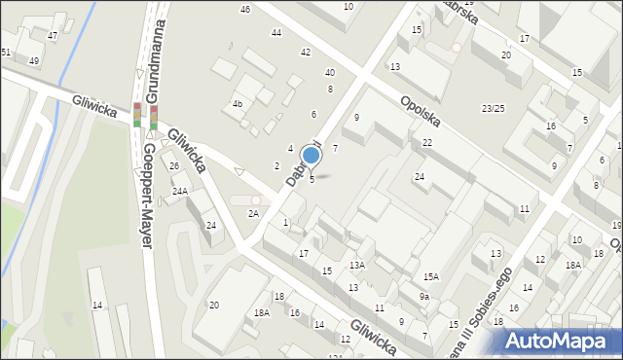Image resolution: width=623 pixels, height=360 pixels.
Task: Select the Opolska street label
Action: [421, 114]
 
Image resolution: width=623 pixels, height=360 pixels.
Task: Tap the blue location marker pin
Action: [311, 156]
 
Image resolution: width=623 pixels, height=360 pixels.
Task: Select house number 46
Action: [244, 9]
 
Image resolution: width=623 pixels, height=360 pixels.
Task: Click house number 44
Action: [276, 32]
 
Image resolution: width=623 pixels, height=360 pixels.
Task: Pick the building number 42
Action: [306, 52]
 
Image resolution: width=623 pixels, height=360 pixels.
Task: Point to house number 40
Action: [330, 72]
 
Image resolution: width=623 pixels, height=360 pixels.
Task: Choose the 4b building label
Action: [237, 103]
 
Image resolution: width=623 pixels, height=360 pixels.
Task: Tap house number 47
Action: [53, 35]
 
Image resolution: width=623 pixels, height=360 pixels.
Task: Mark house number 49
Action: [34, 60]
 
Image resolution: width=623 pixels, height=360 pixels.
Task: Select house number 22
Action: [427, 142]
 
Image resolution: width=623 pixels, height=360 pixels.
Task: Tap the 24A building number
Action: [180, 192]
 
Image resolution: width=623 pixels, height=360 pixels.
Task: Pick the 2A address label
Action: [253, 213]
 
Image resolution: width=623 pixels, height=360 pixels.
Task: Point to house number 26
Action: [174, 166]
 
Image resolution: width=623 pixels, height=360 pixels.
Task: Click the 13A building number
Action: [357, 265]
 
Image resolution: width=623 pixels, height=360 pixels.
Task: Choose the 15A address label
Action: [430, 277]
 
